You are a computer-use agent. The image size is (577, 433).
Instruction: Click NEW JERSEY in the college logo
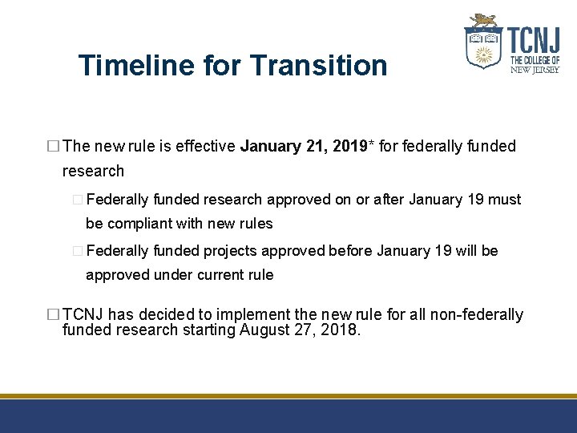pos(535,69)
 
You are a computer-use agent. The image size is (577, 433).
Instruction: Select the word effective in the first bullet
pos(204,146)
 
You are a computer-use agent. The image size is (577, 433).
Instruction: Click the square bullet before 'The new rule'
pos(54,147)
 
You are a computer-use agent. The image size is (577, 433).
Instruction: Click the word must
pos(503,200)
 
